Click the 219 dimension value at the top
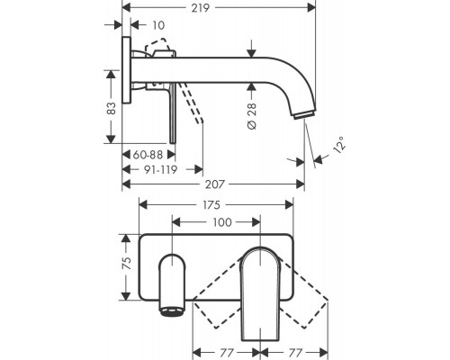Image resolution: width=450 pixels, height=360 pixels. [x=201, y=8]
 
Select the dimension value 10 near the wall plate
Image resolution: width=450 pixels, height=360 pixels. [x=158, y=25]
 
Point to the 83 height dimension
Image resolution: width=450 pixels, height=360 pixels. [x=112, y=108]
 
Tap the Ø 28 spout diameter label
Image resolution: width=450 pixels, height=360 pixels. [x=252, y=116]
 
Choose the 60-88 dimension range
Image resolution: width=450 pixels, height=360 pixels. [x=148, y=155]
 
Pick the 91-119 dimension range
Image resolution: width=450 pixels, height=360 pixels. [x=161, y=170]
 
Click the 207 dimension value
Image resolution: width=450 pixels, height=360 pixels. [x=215, y=184]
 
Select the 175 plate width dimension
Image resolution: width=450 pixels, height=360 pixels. [x=211, y=205]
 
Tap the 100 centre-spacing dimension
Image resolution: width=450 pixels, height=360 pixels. [x=222, y=222]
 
